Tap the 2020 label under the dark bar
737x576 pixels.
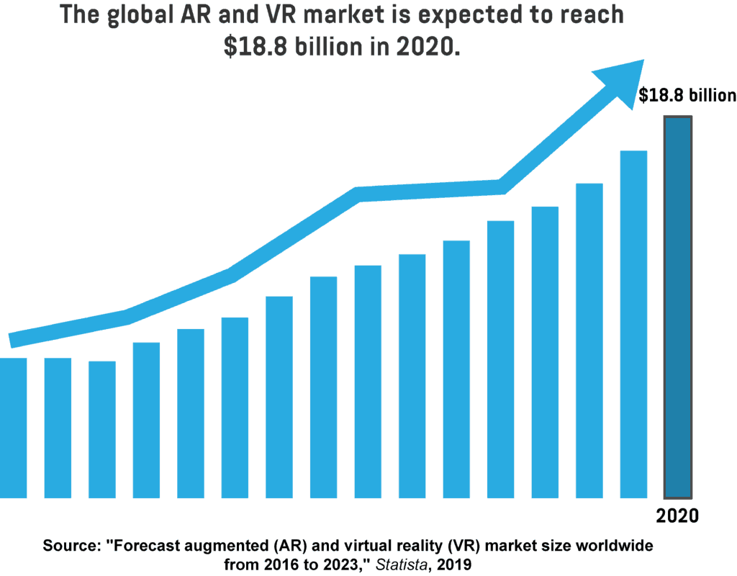point(677,516)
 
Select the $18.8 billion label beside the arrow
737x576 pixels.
point(687,96)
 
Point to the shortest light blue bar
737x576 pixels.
point(102,429)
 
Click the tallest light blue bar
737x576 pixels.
point(633,324)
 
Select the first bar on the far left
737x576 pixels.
point(13,428)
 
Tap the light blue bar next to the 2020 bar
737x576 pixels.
point(633,324)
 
